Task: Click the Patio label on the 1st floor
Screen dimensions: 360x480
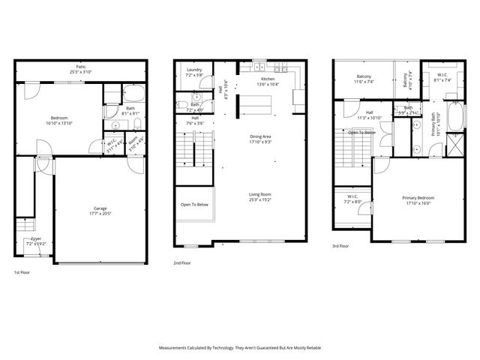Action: click(80, 67)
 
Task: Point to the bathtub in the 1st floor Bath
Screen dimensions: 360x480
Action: click(135, 95)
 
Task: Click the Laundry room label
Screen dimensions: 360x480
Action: click(194, 70)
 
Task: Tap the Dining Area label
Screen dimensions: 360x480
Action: click(261, 136)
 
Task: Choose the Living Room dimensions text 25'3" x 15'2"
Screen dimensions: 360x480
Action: click(261, 200)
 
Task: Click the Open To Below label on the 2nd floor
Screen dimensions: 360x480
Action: click(194, 204)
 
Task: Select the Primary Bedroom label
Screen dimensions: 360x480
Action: click(419, 197)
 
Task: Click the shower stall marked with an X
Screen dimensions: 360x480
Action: click(455, 143)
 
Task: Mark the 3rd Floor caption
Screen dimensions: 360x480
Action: click(341, 246)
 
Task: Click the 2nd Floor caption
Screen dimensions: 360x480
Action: click(181, 263)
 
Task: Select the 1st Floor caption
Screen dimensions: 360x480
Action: click(22, 271)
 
